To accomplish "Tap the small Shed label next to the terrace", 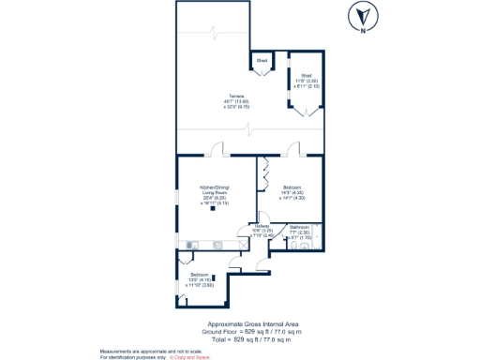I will [x=262, y=61].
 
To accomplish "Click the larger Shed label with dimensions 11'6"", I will [x=305, y=81].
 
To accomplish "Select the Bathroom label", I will [x=300, y=231].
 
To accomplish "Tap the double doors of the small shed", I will [x=262, y=73].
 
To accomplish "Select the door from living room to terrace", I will [x=218, y=150].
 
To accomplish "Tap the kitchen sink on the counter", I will [x=217, y=246].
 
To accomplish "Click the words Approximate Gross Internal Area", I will [x=252, y=325].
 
